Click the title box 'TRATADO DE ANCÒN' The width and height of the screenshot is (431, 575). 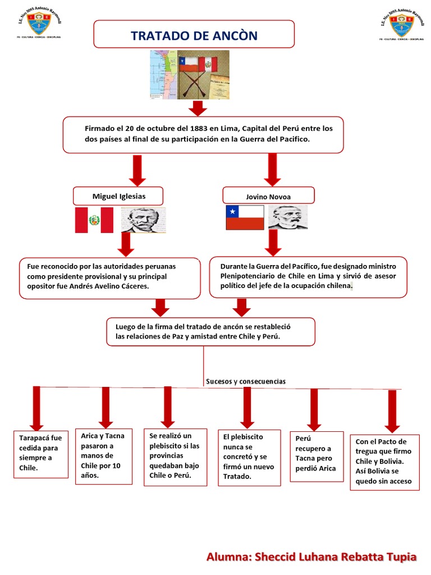tap(194, 35)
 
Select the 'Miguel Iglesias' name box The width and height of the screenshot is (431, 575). tap(118, 197)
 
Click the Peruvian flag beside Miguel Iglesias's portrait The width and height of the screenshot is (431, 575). tap(94, 220)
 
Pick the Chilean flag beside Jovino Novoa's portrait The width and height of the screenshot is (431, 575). tap(245, 217)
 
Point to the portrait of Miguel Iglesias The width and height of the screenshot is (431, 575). tap(144, 220)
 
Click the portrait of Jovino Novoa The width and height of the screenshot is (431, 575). tap(287, 217)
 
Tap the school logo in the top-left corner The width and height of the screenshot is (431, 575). tap(39, 23)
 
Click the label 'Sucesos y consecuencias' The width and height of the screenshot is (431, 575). tap(245, 381)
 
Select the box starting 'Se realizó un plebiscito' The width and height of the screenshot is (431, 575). tap(175, 455)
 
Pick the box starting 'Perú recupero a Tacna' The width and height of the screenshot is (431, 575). tap(317, 456)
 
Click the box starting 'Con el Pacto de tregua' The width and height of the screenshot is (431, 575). tap(384, 462)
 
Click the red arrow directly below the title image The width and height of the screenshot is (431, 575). tap(199, 108)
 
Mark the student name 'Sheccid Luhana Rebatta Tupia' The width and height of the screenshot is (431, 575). tap(336, 558)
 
